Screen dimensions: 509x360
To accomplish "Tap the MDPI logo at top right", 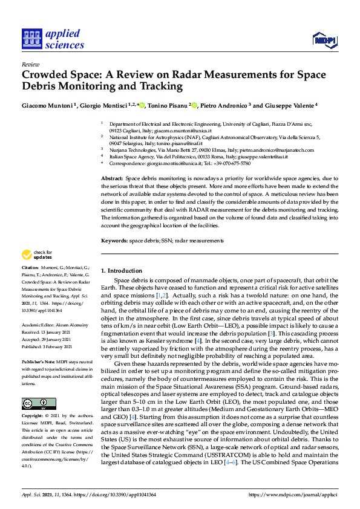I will [324, 41].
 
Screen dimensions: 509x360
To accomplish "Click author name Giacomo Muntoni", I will [47, 105].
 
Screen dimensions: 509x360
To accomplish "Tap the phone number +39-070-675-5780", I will [226, 163].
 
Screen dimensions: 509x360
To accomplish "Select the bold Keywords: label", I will [114, 241].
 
